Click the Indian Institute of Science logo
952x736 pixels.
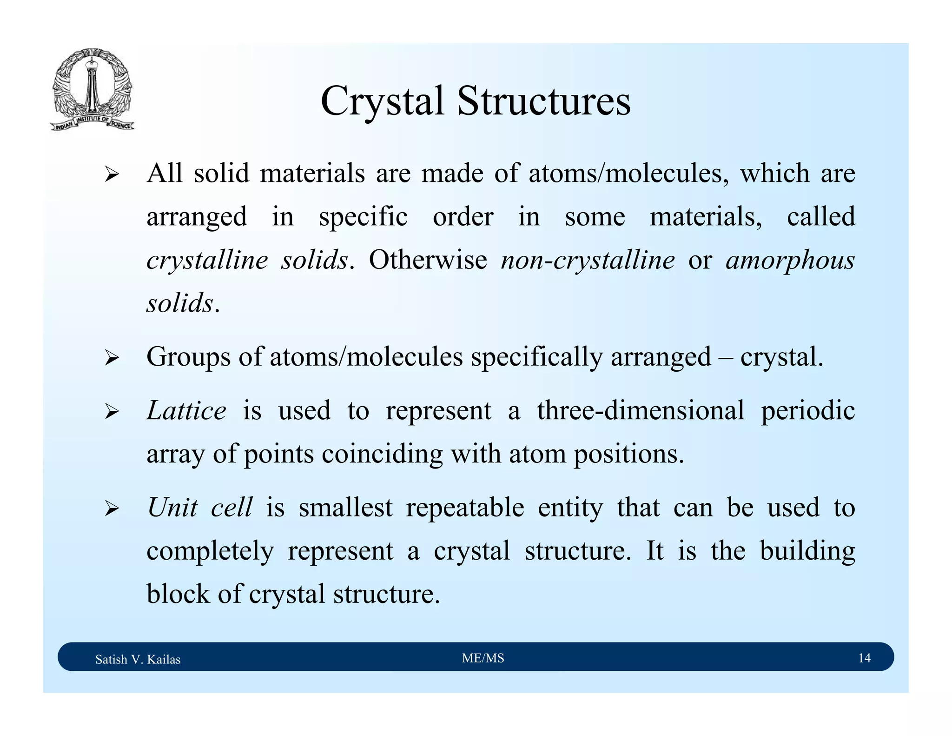[x=92, y=89]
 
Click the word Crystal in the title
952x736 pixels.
[x=382, y=102]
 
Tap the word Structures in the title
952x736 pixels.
[x=543, y=101]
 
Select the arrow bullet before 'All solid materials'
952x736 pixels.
[x=112, y=175]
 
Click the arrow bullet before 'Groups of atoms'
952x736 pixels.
[x=112, y=359]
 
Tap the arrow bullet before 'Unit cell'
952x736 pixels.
[x=112, y=509]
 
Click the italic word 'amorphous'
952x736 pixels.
[x=790, y=261]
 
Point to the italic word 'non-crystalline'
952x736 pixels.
[x=588, y=261]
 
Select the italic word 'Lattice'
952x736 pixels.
[x=186, y=411]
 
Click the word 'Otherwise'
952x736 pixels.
[x=428, y=260]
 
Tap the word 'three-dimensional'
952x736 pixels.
[x=641, y=411]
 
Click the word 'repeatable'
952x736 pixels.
[x=465, y=508]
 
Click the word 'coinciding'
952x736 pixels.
[x=382, y=455]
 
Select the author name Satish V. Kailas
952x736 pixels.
[x=138, y=659]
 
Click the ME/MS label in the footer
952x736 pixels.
[x=483, y=658]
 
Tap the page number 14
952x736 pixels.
[x=864, y=658]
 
